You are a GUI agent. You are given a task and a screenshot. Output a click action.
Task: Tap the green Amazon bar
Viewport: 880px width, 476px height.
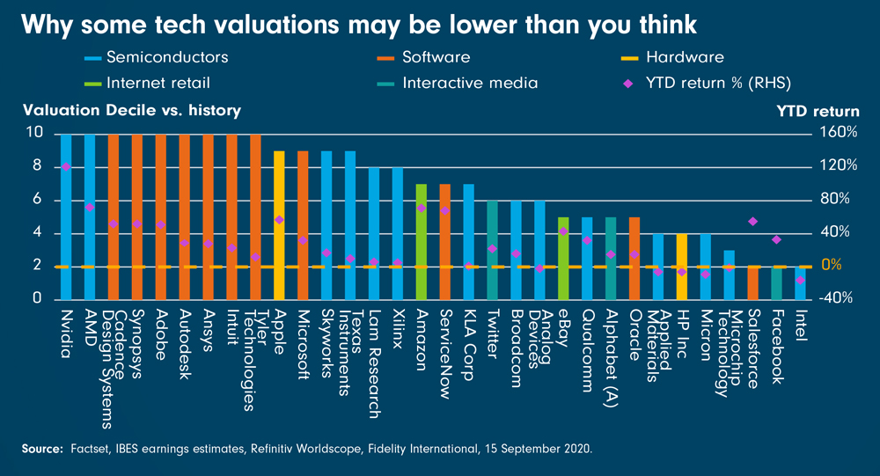[421, 241]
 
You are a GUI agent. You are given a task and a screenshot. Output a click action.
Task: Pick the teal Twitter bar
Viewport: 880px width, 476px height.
[492, 250]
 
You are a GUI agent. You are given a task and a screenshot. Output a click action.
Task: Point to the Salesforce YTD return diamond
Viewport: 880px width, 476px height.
[753, 222]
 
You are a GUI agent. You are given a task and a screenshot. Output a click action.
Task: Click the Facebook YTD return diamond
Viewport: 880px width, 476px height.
[776, 239]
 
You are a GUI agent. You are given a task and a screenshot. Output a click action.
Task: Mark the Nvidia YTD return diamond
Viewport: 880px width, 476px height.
[66, 166]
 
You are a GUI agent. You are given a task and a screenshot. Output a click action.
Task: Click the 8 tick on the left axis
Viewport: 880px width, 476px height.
[35, 166]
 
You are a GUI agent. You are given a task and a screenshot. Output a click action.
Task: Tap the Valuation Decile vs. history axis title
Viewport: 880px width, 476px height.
[131, 111]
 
